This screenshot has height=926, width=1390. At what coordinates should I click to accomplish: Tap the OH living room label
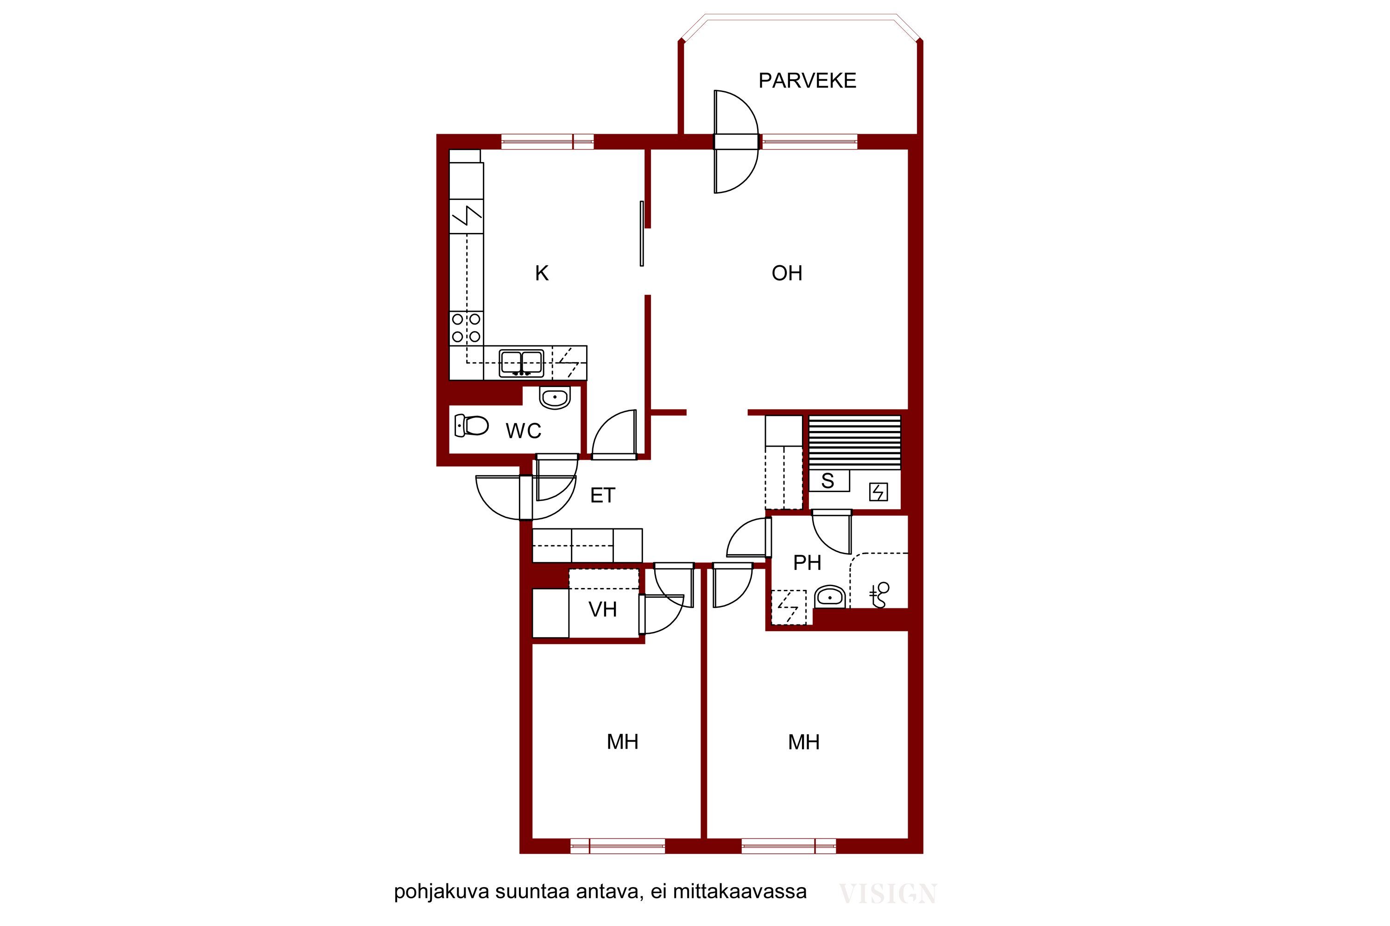pos(787,274)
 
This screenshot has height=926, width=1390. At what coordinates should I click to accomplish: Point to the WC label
pos(524,431)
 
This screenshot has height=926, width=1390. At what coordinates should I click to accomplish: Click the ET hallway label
pos(603,495)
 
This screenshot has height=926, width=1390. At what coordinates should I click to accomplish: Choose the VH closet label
pos(603,609)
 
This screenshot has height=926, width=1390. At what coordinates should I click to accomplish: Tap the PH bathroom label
pos(807,563)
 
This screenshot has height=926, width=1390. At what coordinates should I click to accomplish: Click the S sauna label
pos(828,482)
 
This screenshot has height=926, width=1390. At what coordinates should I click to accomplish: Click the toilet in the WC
pos(471,425)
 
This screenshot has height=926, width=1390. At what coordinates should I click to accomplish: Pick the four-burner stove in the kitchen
pos(466,328)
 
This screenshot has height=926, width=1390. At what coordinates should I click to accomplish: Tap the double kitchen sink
pos(521,363)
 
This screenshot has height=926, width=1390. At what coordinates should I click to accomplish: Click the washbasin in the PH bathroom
pos(830,597)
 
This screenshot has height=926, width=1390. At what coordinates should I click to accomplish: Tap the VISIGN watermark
pos(888,894)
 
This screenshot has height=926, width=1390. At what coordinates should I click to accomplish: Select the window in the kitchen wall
pos(547,142)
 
